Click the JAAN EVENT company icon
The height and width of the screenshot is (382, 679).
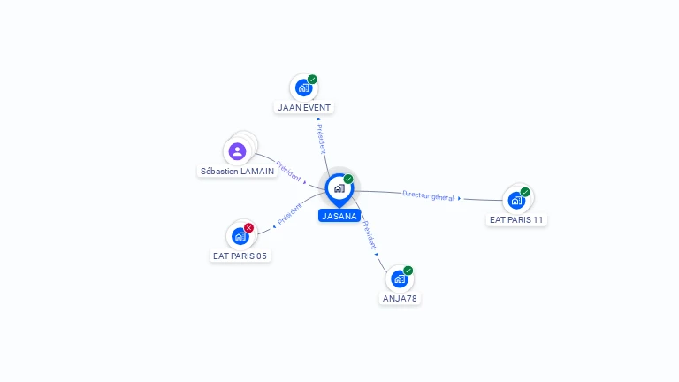[x=303, y=88]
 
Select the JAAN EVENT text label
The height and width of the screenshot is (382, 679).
[x=304, y=108]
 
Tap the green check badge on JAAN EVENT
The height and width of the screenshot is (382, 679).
[x=312, y=80]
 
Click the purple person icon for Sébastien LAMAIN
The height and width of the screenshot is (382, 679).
[x=237, y=151]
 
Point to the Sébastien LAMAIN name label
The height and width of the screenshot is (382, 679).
[x=237, y=172]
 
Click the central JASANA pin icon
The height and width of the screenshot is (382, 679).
[x=339, y=187]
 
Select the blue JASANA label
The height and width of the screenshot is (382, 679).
[x=339, y=216]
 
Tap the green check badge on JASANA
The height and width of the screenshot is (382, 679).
[x=348, y=180]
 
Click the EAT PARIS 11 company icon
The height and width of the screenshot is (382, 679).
[x=516, y=200]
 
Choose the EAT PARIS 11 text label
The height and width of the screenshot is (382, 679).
[x=516, y=220]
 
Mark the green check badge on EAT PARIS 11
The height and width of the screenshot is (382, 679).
[x=525, y=192]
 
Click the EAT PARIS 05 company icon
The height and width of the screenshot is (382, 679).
[x=240, y=236]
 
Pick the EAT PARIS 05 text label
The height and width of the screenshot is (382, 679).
[x=240, y=256]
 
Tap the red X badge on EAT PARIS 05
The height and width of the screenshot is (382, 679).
[x=248, y=228]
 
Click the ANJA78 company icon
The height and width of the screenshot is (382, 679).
[x=400, y=279]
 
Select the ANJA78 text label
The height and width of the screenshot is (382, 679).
[x=400, y=299]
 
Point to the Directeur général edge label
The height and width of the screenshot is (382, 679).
[x=428, y=195]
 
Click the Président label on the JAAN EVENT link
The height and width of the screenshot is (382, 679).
[x=321, y=138]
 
